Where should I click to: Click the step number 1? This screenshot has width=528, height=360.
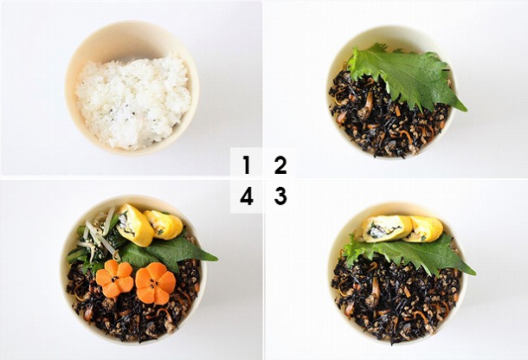click(247, 164)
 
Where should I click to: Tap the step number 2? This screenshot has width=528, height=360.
click(280, 164)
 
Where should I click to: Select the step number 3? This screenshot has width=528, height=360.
click(280, 196)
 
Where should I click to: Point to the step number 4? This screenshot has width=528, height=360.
click(247, 196)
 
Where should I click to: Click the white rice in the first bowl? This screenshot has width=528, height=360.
click(132, 102)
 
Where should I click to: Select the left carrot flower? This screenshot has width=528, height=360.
click(115, 278)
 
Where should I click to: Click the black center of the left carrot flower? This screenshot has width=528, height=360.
click(115, 279)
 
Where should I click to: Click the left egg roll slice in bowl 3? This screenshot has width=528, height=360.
click(387, 228)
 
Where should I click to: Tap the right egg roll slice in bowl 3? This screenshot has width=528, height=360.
click(424, 229)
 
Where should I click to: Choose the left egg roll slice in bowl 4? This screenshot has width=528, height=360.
click(135, 224)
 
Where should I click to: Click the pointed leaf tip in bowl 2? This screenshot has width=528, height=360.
click(466, 110)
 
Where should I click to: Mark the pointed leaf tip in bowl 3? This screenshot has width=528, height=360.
click(474, 273)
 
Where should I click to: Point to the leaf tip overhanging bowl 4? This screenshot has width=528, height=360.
click(216, 260)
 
